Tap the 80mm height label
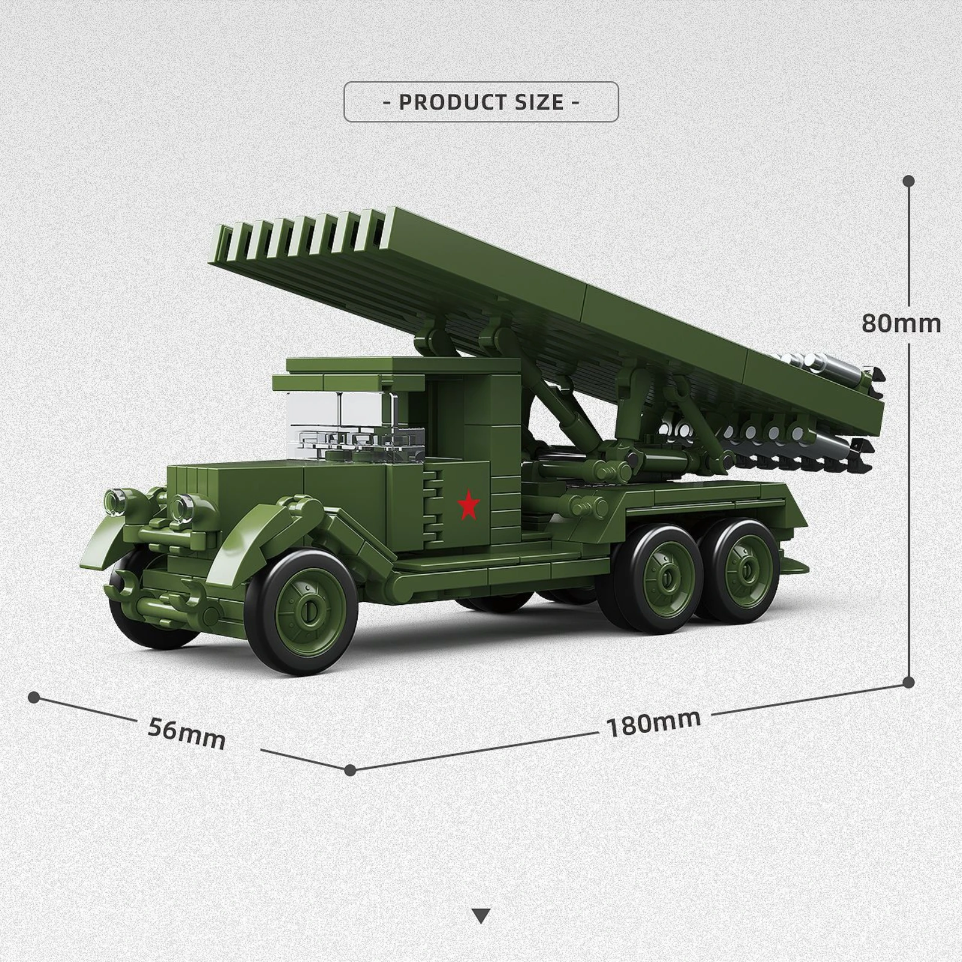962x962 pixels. coord(901,324)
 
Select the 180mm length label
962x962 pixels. coord(654,723)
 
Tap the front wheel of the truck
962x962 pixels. coord(310,612)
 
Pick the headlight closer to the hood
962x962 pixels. coord(182,507)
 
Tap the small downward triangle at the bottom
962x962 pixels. coord(481,916)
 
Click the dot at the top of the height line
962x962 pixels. coord(908,180)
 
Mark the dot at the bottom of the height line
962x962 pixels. coord(908,682)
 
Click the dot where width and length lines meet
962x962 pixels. coord(351,770)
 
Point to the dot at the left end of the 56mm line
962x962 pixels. coord(34,697)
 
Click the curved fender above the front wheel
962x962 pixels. coord(253,535)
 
